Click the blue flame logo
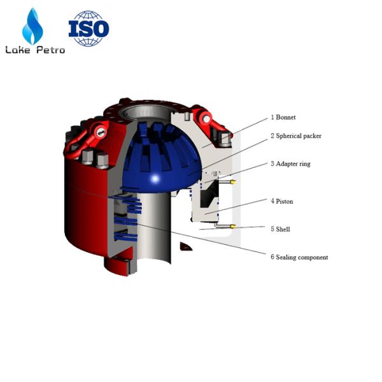click(x=32, y=26)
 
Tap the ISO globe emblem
click(x=89, y=28)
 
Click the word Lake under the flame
click(x=18, y=50)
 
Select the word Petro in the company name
click(x=51, y=50)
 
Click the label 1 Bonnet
click(x=283, y=117)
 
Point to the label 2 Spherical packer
click(x=296, y=136)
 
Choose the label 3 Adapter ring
click(x=290, y=164)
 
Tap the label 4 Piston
click(x=282, y=201)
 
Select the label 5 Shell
click(x=280, y=229)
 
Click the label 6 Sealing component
click(x=299, y=257)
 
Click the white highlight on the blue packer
click(x=155, y=179)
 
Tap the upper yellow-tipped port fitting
click(x=227, y=181)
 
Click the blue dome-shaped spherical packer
click(x=162, y=159)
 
